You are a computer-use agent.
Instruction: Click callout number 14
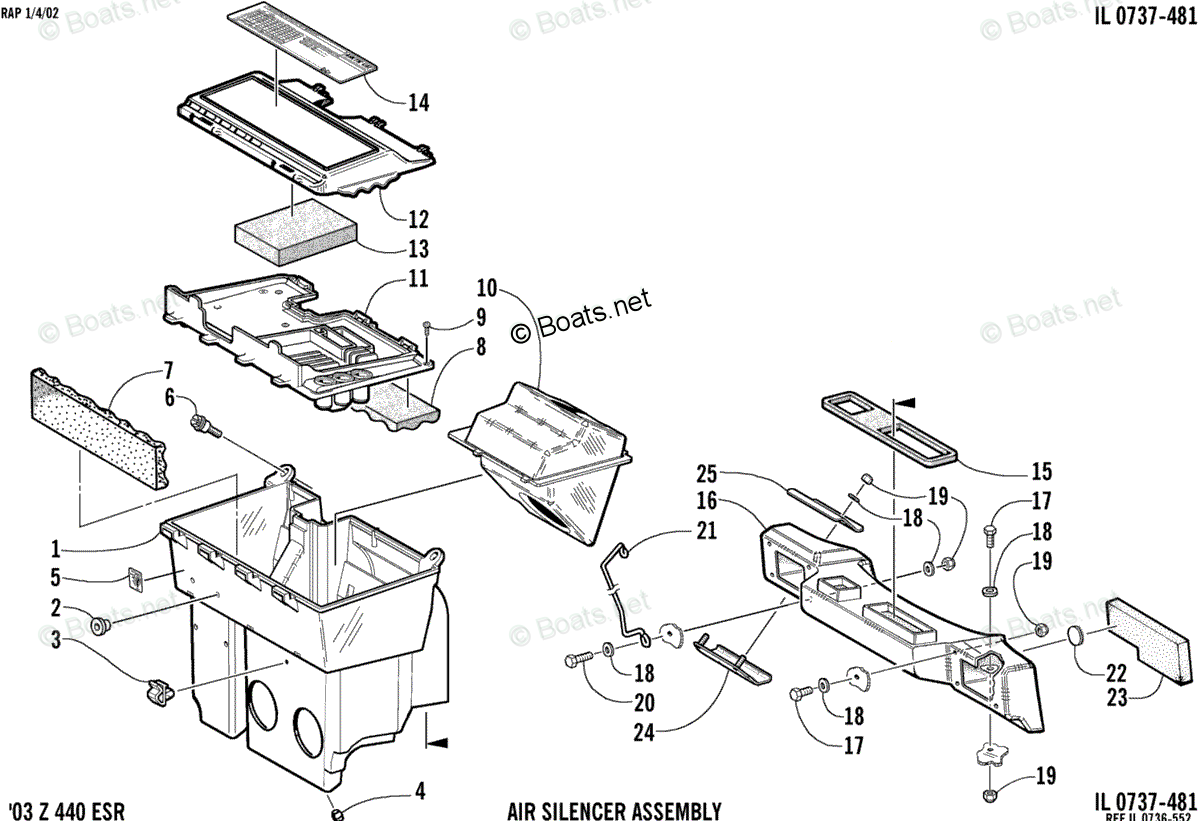[418, 102]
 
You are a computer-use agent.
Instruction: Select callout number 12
[418, 219]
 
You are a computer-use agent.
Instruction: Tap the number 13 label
[418, 249]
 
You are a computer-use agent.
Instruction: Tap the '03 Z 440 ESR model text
[66, 809]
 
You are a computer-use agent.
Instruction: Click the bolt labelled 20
[583, 660]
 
